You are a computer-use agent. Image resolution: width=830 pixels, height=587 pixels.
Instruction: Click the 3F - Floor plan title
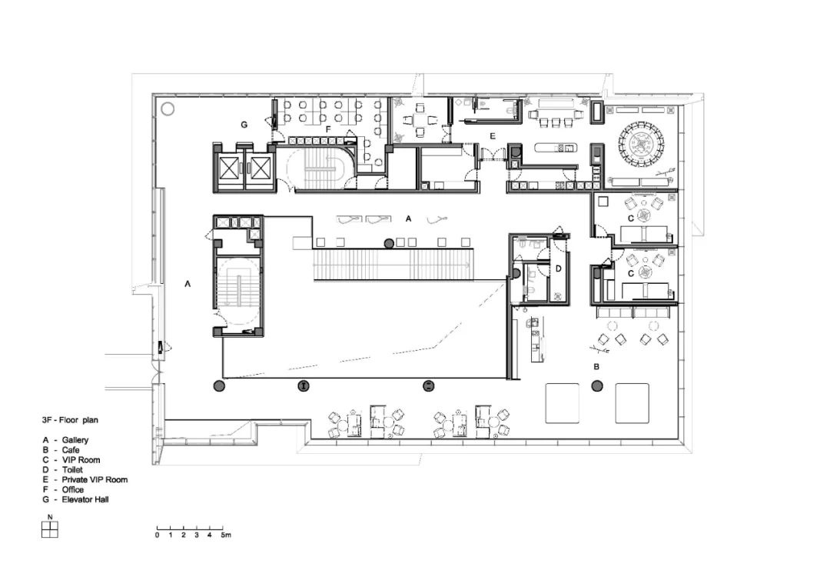[x=70, y=420]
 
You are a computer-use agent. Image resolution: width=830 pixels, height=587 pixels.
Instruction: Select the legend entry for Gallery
[x=65, y=440]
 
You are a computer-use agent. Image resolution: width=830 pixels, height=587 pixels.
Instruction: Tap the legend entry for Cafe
[x=61, y=450]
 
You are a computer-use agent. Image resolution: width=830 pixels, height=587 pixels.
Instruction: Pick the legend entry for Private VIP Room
[x=85, y=479]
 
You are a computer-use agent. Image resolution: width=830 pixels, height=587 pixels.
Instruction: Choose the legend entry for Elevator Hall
[x=75, y=499]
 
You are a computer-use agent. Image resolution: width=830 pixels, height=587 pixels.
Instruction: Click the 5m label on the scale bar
[x=226, y=535]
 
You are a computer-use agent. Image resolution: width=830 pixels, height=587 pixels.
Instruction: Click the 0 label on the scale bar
[x=158, y=535]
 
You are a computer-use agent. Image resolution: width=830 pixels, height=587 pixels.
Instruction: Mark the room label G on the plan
[x=244, y=125]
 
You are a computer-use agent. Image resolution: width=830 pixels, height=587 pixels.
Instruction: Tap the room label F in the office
[x=328, y=128]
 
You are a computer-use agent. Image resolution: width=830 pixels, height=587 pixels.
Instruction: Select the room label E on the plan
[x=493, y=136]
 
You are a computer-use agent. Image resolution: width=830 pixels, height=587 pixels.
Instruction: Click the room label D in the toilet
[x=558, y=269]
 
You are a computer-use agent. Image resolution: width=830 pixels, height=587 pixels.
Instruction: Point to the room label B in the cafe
[x=596, y=367]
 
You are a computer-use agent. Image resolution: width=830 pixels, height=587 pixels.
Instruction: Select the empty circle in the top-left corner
[x=168, y=109]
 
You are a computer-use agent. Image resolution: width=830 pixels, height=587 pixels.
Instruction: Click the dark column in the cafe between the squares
[x=597, y=386]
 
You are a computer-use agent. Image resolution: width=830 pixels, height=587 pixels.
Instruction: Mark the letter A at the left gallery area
[x=188, y=285]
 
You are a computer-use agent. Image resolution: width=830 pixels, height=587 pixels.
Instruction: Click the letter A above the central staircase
[x=408, y=218]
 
